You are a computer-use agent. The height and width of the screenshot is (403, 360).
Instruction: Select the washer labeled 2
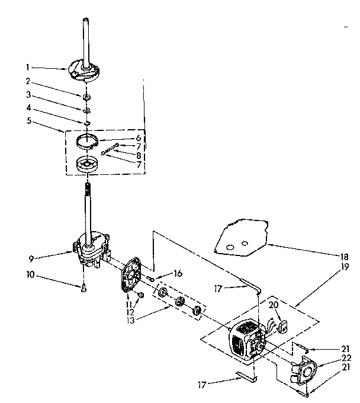pyautogui.click(x=86, y=96)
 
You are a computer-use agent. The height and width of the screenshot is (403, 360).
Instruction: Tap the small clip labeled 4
pyautogui.click(x=86, y=123)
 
